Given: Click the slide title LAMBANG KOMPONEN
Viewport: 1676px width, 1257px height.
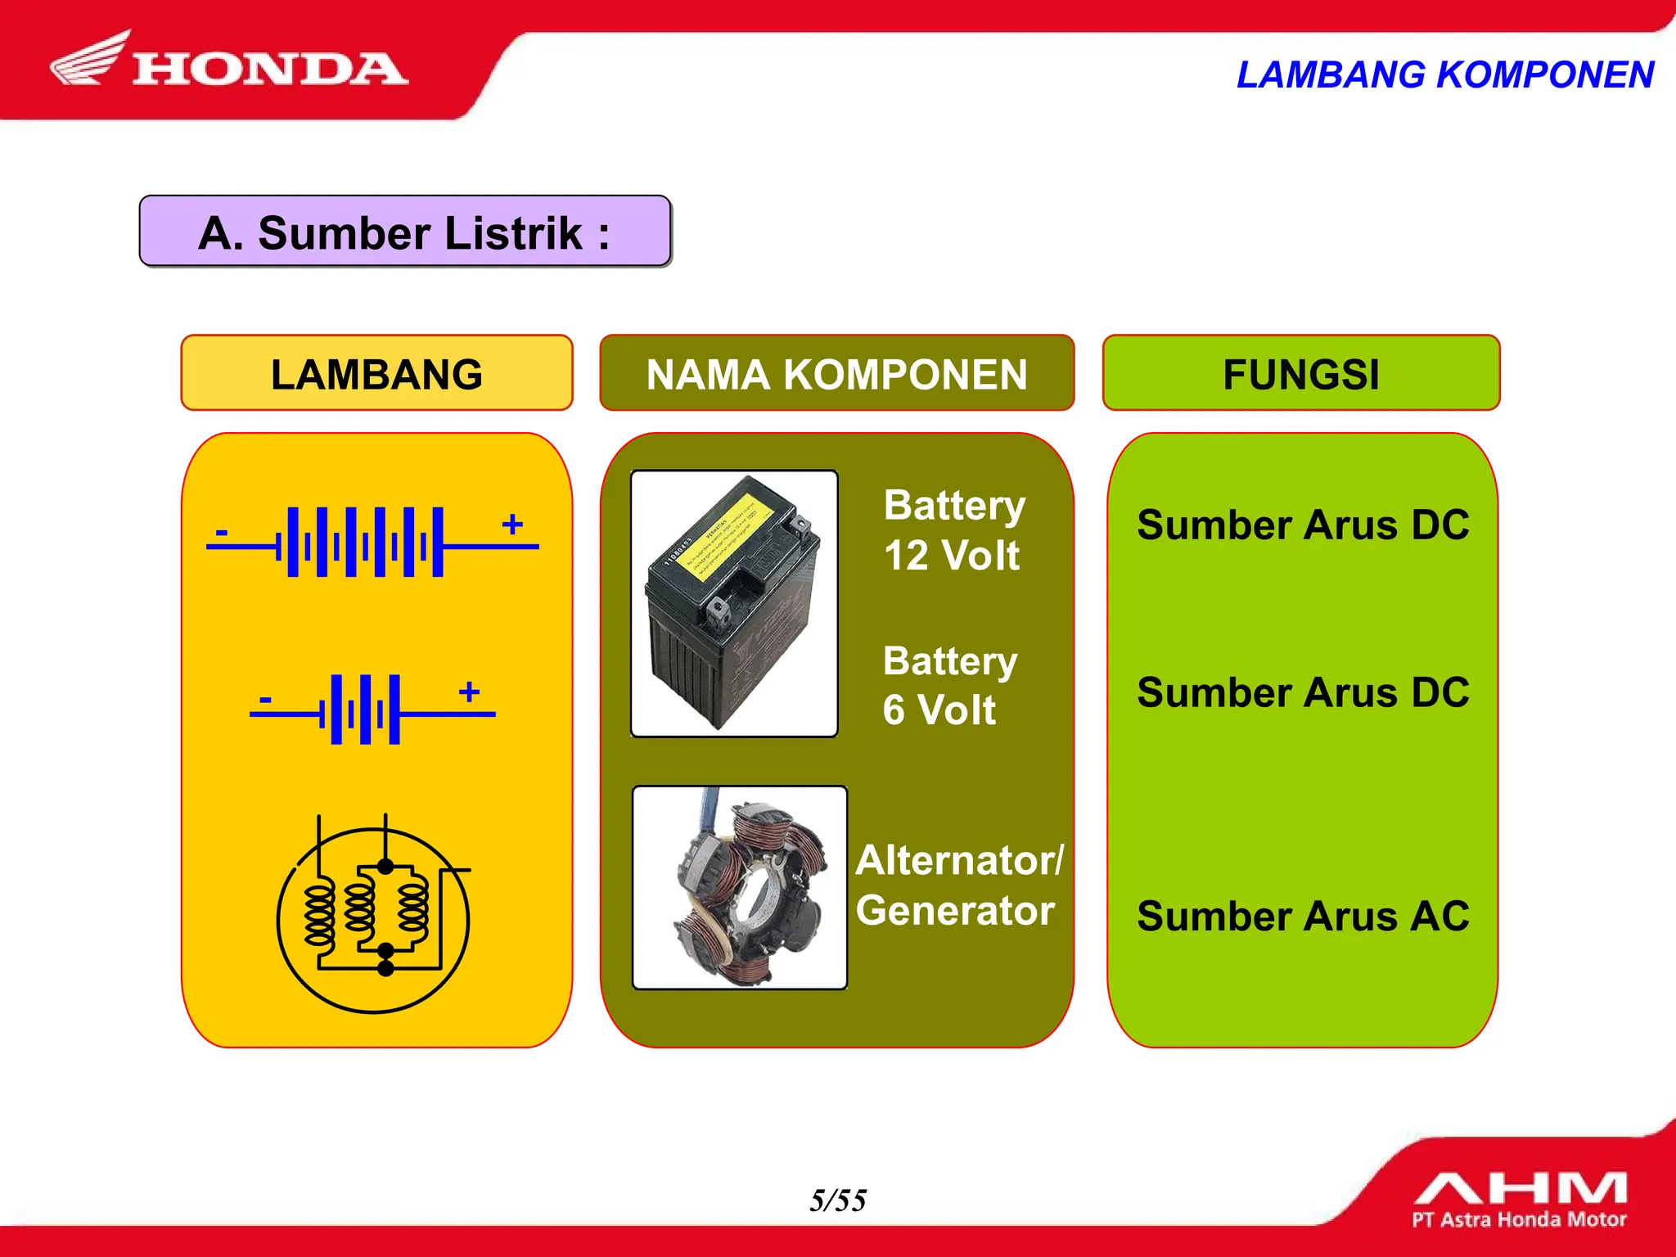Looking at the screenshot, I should tap(1444, 74).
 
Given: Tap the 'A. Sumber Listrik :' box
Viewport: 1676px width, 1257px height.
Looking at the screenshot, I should tap(405, 232).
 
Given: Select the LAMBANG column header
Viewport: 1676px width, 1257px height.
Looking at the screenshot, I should tap(376, 374).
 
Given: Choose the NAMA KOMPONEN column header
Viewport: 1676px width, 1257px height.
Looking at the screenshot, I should tap(836, 374).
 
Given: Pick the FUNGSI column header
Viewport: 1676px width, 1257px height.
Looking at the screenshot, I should tap(1300, 374).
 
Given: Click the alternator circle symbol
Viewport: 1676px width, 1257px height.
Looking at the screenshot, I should tap(373, 920).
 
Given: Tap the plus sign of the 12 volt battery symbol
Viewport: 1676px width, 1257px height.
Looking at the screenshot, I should tap(512, 524).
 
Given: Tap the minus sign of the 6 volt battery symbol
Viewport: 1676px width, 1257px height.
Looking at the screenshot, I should tap(264, 700).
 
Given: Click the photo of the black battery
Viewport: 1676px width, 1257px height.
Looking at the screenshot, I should tap(734, 603).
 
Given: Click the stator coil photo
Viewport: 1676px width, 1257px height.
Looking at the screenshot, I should tap(739, 888).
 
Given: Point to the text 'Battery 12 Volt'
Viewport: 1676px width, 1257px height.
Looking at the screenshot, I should tap(953, 530).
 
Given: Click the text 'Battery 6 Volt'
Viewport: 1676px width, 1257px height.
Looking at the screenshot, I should tap(949, 685).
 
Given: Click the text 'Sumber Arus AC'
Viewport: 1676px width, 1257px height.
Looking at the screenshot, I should tap(1302, 916).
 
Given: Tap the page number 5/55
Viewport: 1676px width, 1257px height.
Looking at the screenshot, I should tap(837, 1201).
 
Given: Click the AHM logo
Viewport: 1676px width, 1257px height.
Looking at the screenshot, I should tap(1519, 1199).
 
